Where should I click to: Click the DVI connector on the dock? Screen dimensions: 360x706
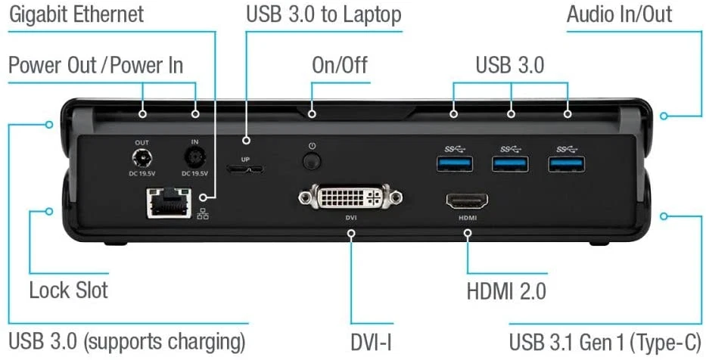[x=350, y=198]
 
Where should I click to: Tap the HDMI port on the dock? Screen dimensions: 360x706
[x=467, y=201]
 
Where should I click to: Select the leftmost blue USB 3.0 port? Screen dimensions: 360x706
[x=454, y=163]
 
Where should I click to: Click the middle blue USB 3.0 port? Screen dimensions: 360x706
[x=511, y=163]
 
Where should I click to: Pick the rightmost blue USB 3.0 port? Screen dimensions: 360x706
[x=568, y=163]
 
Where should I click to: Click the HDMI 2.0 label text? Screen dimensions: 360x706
[x=507, y=291]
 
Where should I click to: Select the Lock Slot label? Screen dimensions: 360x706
[x=68, y=290]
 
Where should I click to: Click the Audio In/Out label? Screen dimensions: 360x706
[x=619, y=14]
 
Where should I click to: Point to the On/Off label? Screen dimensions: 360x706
[x=340, y=65]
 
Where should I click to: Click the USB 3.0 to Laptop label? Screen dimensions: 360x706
[x=323, y=14]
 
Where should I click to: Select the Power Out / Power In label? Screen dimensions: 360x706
[x=95, y=65]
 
